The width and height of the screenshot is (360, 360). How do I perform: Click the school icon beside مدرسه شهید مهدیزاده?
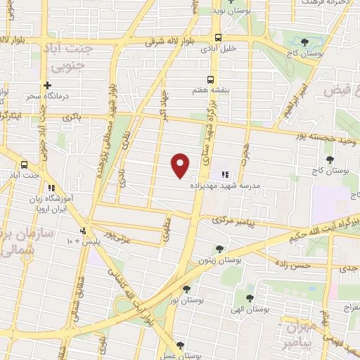tap(225, 174)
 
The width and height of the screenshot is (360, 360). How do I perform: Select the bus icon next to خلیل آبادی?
tap(219, 37)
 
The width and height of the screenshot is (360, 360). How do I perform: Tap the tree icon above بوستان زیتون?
tap(220, 248)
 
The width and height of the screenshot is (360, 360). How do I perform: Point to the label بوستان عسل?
tap(179, 356)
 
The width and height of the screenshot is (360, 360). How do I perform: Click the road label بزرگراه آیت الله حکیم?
tap(323, 229)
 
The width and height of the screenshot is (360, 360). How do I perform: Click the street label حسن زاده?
tap(292, 266)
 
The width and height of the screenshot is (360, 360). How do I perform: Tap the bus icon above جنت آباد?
tap(24, 162)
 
